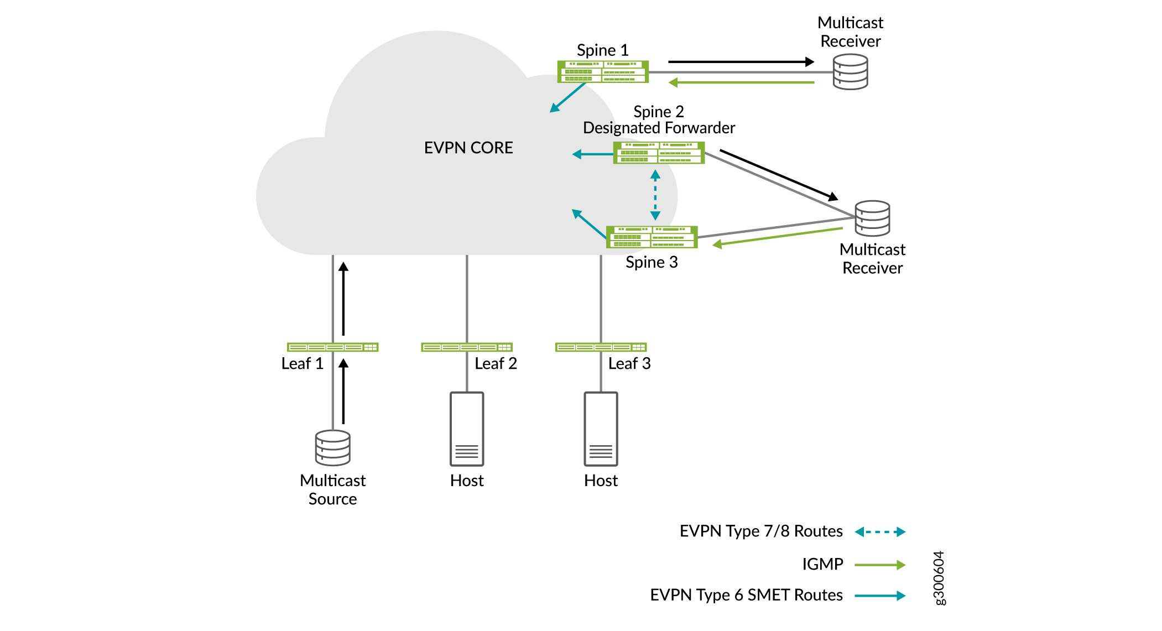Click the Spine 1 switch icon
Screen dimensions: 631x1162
[602, 72]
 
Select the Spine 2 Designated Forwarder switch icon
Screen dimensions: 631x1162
[659, 153]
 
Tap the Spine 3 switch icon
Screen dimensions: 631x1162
[652, 237]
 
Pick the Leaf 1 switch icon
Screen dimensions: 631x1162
[332, 347]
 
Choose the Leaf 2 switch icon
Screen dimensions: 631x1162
[467, 347]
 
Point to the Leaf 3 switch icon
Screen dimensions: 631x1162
[601, 347]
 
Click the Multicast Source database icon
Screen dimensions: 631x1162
[332, 448]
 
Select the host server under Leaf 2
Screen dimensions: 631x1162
[467, 429]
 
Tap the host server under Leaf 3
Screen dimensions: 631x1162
[601, 429]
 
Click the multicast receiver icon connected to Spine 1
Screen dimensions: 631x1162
[850, 72]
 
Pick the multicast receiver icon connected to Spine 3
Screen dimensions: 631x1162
[872, 218]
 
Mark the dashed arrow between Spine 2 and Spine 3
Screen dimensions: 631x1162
[655, 195]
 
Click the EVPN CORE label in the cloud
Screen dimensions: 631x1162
[468, 148]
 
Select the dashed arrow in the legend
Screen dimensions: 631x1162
[880, 532]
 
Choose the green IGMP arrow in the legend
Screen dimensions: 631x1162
[880, 565]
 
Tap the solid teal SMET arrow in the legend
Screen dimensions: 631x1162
[880, 596]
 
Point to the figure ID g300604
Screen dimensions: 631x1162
[939, 578]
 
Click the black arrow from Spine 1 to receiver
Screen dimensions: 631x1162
[741, 62]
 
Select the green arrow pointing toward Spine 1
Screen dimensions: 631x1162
[741, 83]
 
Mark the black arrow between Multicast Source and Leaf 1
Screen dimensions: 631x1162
[343, 391]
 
